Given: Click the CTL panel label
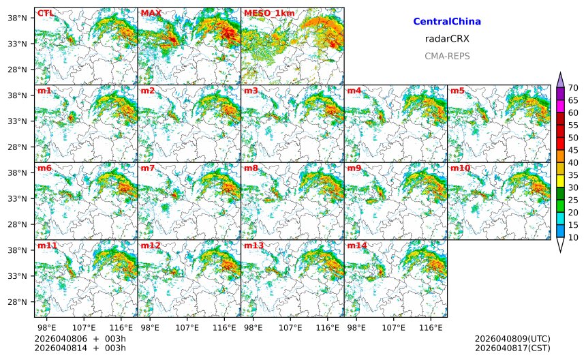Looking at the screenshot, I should [45, 13].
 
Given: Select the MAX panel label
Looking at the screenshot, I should [150, 13].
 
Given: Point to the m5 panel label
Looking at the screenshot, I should [457, 91].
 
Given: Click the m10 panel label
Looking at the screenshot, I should [460, 168].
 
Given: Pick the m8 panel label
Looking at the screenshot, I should [251, 168].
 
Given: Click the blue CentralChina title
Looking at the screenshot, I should [447, 22].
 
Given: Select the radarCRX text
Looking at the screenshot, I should [447, 39].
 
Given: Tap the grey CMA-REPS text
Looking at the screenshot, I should [447, 56].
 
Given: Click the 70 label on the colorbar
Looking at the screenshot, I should [574, 88].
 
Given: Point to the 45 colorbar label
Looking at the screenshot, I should [574, 150].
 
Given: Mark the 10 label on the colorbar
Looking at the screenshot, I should [574, 237].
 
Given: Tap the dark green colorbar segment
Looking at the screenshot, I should [560, 194].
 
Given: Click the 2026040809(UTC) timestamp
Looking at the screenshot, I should [512, 339].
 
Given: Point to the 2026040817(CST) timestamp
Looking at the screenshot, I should [512, 348].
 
